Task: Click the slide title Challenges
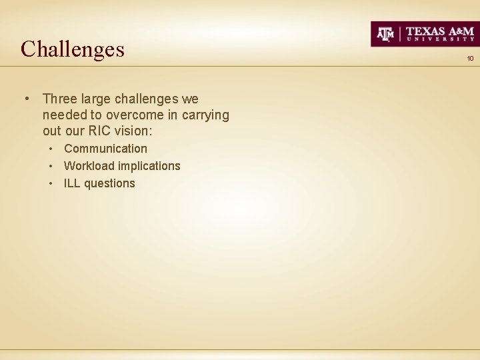coord(73,49)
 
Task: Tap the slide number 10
coord(470,59)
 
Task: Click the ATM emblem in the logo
coord(386,33)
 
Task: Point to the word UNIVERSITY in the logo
coord(440,39)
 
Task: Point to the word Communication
coord(105,149)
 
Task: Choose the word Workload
coord(89,166)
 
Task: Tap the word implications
coord(149,166)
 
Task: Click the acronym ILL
coord(72,183)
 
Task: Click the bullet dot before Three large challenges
coord(25,99)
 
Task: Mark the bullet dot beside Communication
coord(52,149)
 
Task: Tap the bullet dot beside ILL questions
coord(52,183)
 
